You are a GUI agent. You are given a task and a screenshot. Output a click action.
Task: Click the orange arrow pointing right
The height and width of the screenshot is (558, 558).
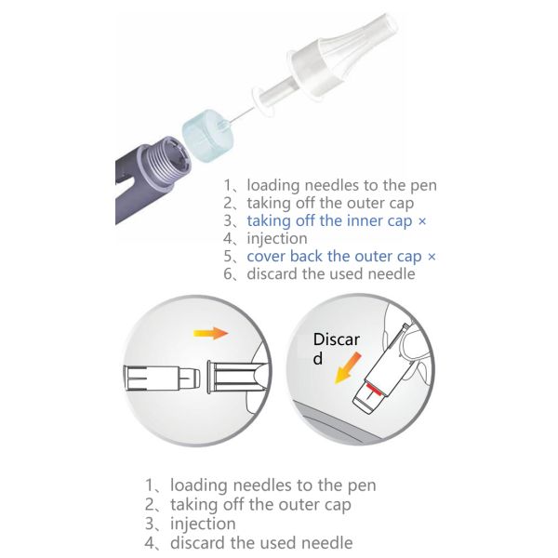coord(211,333)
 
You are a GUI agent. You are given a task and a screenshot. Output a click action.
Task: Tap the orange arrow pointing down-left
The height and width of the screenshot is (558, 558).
coord(348,368)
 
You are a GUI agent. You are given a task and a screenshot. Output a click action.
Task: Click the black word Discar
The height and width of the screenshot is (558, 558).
coord(337,339)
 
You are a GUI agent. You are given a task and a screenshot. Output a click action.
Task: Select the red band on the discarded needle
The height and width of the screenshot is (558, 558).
coord(373,390)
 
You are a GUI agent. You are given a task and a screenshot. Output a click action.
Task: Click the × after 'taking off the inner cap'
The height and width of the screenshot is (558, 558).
coord(421,221)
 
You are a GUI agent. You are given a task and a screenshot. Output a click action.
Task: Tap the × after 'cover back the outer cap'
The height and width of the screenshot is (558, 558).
coord(432,257)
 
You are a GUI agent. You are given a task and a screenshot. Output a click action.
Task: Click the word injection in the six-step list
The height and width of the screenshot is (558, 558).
coord(277,238)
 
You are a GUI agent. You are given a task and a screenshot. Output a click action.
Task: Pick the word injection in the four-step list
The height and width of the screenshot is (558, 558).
coord(203,524)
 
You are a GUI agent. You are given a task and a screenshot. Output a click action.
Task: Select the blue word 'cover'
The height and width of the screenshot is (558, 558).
coord(267,257)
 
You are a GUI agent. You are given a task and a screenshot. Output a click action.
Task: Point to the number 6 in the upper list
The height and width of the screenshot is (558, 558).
coord(228,274)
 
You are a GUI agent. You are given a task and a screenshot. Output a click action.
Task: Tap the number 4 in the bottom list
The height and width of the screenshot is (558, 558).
coord(149,543)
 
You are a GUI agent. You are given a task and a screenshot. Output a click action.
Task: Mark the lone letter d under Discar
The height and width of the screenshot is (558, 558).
coord(318,358)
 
